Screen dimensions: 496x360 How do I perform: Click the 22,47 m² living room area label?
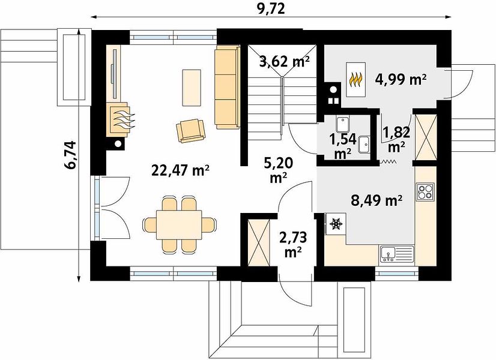(x=181, y=170)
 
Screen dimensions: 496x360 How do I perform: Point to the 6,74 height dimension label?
(x=70, y=155)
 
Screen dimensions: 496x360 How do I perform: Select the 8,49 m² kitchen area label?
(x=377, y=200)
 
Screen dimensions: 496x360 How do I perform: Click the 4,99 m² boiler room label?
(x=401, y=80)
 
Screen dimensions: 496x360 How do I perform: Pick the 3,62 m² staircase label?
(x=284, y=62)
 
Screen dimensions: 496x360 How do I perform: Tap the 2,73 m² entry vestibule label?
(x=293, y=244)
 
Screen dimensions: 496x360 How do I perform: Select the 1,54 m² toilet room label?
(x=343, y=146)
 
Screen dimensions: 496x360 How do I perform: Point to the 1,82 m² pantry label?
(x=396, y=139)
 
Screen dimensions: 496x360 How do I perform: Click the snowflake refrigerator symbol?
(x=336, y=224)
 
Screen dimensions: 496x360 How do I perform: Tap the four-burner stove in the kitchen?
(x=426, y=191)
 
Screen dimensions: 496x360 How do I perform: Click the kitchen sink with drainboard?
(x=397, y=254)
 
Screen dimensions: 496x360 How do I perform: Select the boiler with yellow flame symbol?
(x=356, y=80)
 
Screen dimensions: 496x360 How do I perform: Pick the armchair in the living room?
(x=191, y=131)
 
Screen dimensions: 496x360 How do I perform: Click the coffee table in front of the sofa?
(x=192, y=88)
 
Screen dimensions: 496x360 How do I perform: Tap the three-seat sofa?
(x=228, y=87)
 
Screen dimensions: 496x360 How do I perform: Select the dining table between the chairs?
(x=180, y=225)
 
